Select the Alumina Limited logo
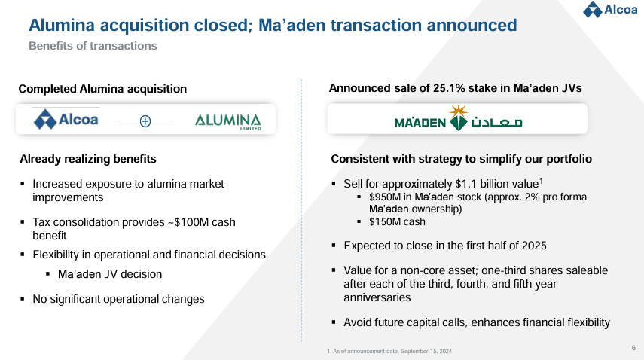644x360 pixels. tap(227, 121)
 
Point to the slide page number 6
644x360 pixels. tap(633, 347)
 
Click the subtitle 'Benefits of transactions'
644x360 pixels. tap(93, 46)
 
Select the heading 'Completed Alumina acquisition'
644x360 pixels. tap(102, 89)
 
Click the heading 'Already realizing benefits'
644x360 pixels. tap(88, 159)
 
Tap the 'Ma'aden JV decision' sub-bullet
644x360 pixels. tap(110, 274)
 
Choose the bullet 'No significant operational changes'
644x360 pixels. tap(118, 299)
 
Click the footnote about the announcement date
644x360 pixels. tap(389, 352)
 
